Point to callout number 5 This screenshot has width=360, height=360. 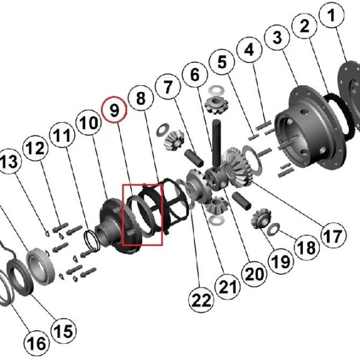[x=223, y=62]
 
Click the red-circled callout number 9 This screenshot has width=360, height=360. [x=115, y=111]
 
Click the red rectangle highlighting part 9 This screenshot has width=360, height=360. [x=142, y=215]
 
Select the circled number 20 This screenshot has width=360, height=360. [x=254, y=274]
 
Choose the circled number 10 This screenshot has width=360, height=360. [x=88, y=124]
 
